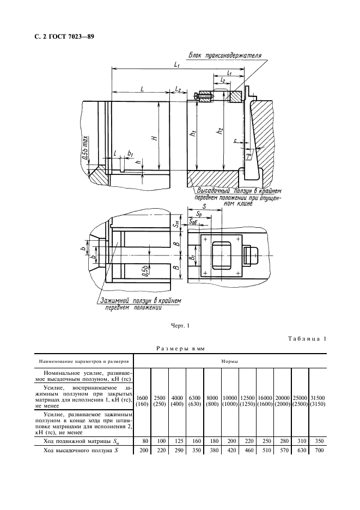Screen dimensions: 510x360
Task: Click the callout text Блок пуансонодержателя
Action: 225,56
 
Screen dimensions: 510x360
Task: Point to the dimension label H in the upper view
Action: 155,138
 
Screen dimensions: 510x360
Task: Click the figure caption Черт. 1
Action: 180,326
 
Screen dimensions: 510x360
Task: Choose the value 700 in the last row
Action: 318,452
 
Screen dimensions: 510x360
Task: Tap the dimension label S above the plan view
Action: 204,207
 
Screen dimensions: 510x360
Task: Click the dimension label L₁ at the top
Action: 177,65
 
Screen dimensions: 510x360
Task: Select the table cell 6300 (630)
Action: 195,401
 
